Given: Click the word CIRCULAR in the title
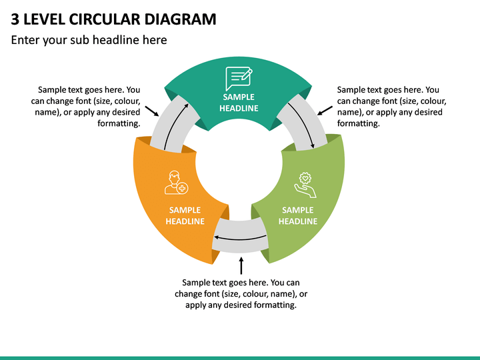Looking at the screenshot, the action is pos(105,19).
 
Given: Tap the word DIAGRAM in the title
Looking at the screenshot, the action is pos(180,19).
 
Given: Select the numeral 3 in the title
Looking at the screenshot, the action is pos(15,19).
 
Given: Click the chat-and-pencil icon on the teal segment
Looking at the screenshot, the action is pos(239,79).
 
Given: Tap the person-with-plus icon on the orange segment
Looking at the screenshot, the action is pos(176,183).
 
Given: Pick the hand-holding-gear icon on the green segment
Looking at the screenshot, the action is pos(305,185).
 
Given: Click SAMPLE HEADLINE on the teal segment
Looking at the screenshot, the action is pos(239,103).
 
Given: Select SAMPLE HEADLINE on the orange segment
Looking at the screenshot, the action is pos(185,215).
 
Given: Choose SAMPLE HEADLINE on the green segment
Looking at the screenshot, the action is pos(298,215).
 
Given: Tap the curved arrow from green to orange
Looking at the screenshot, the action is pos(240,239).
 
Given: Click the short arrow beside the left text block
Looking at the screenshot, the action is pos(152,111).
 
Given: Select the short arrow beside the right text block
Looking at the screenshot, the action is pos(325,111).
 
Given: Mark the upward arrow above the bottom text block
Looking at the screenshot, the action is pos(241,266).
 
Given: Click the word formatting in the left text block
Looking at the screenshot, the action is pos(119,123).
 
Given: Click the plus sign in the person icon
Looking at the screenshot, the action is pos(183,188).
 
